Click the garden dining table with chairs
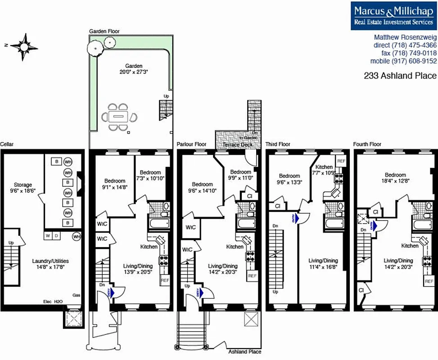[120, 117]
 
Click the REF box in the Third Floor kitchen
[341, 161]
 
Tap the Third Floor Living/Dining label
[323, 264]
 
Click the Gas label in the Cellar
[77, 295]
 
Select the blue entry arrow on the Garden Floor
[112, 292]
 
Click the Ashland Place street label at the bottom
[244, 351]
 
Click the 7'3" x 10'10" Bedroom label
[150, 175]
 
